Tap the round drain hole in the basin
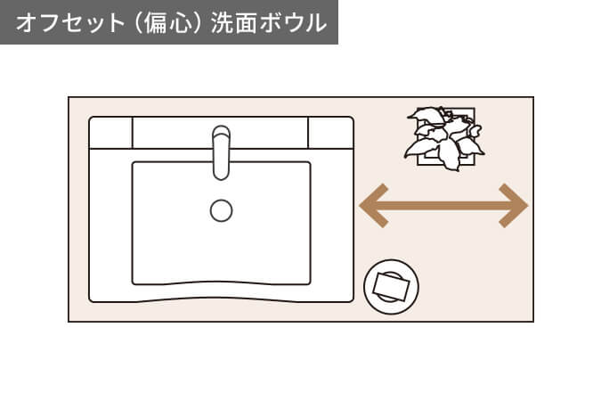click(x=221, y=210)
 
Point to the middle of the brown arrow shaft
click(x=443, y=206)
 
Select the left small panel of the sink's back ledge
click(x=111, y=134)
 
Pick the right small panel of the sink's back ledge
click(x=330, y=134)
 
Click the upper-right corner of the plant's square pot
click(x=474, y=110)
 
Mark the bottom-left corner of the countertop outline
click(x=69, y=321)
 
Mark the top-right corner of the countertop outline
click(x=533, y=97)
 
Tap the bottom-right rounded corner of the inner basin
click(x=307, y=281)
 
